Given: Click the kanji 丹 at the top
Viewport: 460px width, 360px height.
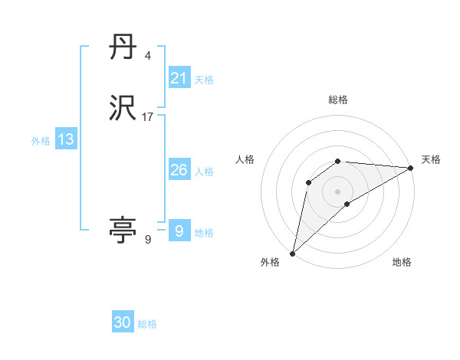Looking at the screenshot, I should click(x=123, y=49).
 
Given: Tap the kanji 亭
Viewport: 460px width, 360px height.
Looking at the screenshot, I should click(x=123, y=231).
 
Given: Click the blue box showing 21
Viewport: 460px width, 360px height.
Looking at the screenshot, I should click(x=179, y=77).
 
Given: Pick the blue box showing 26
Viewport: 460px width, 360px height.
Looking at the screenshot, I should click(x=179, y=170).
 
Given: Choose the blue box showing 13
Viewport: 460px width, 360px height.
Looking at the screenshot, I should click(x=66, y=139).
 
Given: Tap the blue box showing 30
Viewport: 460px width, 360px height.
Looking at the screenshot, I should click(x=123, y=322).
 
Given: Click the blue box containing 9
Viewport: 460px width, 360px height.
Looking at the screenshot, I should click(x=179, y=231).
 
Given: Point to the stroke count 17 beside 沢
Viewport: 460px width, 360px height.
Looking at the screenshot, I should click(x=148, y=116).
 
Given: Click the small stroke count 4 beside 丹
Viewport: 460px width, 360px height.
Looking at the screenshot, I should click(x=147, y=56).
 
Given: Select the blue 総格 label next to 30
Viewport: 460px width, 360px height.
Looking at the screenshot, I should click(x=147, y=324).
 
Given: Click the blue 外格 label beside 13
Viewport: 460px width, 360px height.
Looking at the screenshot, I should click(x=40, y=141).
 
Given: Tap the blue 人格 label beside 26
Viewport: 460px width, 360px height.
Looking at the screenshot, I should click(x=204, y=172).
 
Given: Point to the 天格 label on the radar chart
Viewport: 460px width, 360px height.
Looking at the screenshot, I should click(x=431, y=159).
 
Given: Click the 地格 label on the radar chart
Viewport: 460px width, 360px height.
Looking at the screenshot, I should click(x=402, y=262).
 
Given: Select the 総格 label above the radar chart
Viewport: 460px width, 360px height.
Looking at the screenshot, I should click(x=338, y=100).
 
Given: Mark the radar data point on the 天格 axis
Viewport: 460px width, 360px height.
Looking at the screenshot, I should click(x=411, y=168).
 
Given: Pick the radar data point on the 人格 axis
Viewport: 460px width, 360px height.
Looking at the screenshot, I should click(x=308, y=182).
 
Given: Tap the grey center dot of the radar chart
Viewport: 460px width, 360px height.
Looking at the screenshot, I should click(x=338, y=191).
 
